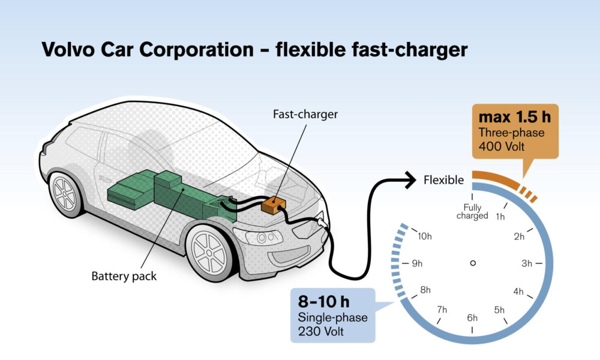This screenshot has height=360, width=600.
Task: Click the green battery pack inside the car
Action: pyautogui.click(x=168, y=192)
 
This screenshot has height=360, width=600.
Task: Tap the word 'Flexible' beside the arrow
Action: pyautogui.click(x=443, y=179)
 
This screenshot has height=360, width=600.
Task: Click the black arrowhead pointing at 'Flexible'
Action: pyautogui.click(x=410, y=179)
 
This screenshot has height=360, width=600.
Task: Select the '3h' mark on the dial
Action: pyautogui.click(x=527, y=263)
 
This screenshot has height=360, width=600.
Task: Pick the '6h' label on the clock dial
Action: pyautogui.click(x=473, y=317)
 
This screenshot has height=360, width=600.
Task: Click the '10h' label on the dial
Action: pyautogui.click(x=424, y=236)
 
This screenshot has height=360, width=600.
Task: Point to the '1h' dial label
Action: pyautogui.click(x=500, y=217)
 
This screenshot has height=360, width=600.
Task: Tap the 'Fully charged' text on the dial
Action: pyautogui.click(x=473, y=211)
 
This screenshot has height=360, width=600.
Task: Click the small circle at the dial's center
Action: pyautogui.click(x=473, y=263)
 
